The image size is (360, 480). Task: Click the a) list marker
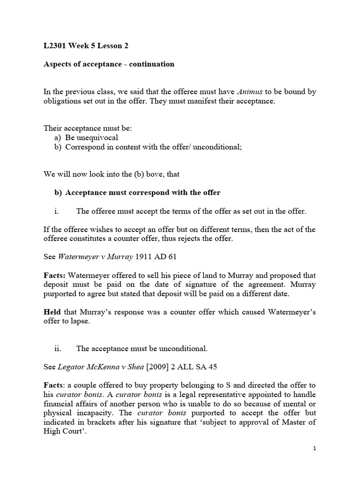point(58,138)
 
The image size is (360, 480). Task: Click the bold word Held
point(52,312)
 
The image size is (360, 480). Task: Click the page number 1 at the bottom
point(315,449)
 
